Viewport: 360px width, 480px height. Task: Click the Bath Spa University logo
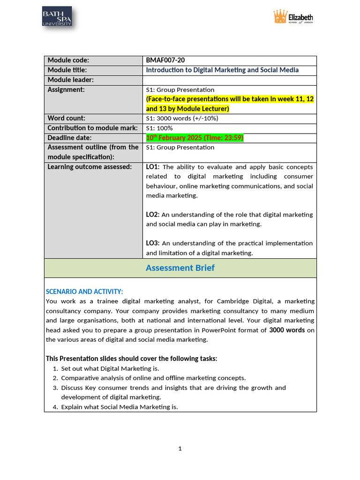coord(57,17)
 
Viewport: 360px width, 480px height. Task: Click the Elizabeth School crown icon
coord(280,17)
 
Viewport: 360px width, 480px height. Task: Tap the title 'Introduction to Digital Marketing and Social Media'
coord(222,70)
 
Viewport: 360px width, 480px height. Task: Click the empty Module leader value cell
coord(230,80)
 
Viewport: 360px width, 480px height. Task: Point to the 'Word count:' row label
coord(67,118)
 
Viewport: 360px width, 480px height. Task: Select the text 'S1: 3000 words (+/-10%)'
coord(182,118)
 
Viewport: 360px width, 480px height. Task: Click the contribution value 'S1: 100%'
coord(159,128)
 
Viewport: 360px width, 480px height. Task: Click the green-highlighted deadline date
coord(195,138)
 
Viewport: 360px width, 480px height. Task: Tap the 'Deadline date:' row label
coord(69,138)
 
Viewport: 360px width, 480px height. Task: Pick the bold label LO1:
coord(153,167)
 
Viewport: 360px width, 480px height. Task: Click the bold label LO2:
coord(153,214)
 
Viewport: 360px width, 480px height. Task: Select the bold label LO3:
coord(153,243)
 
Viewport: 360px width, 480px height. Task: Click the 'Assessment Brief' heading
coord(180,268)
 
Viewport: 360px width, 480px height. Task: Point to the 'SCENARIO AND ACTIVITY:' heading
coord(84,292)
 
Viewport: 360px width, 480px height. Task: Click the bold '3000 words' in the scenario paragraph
coord(287,330)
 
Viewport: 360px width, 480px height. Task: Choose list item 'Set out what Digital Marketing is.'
coord(110,368)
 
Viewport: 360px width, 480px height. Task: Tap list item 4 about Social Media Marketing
coord(120,407)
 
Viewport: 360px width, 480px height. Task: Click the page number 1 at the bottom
coord(180,449)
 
